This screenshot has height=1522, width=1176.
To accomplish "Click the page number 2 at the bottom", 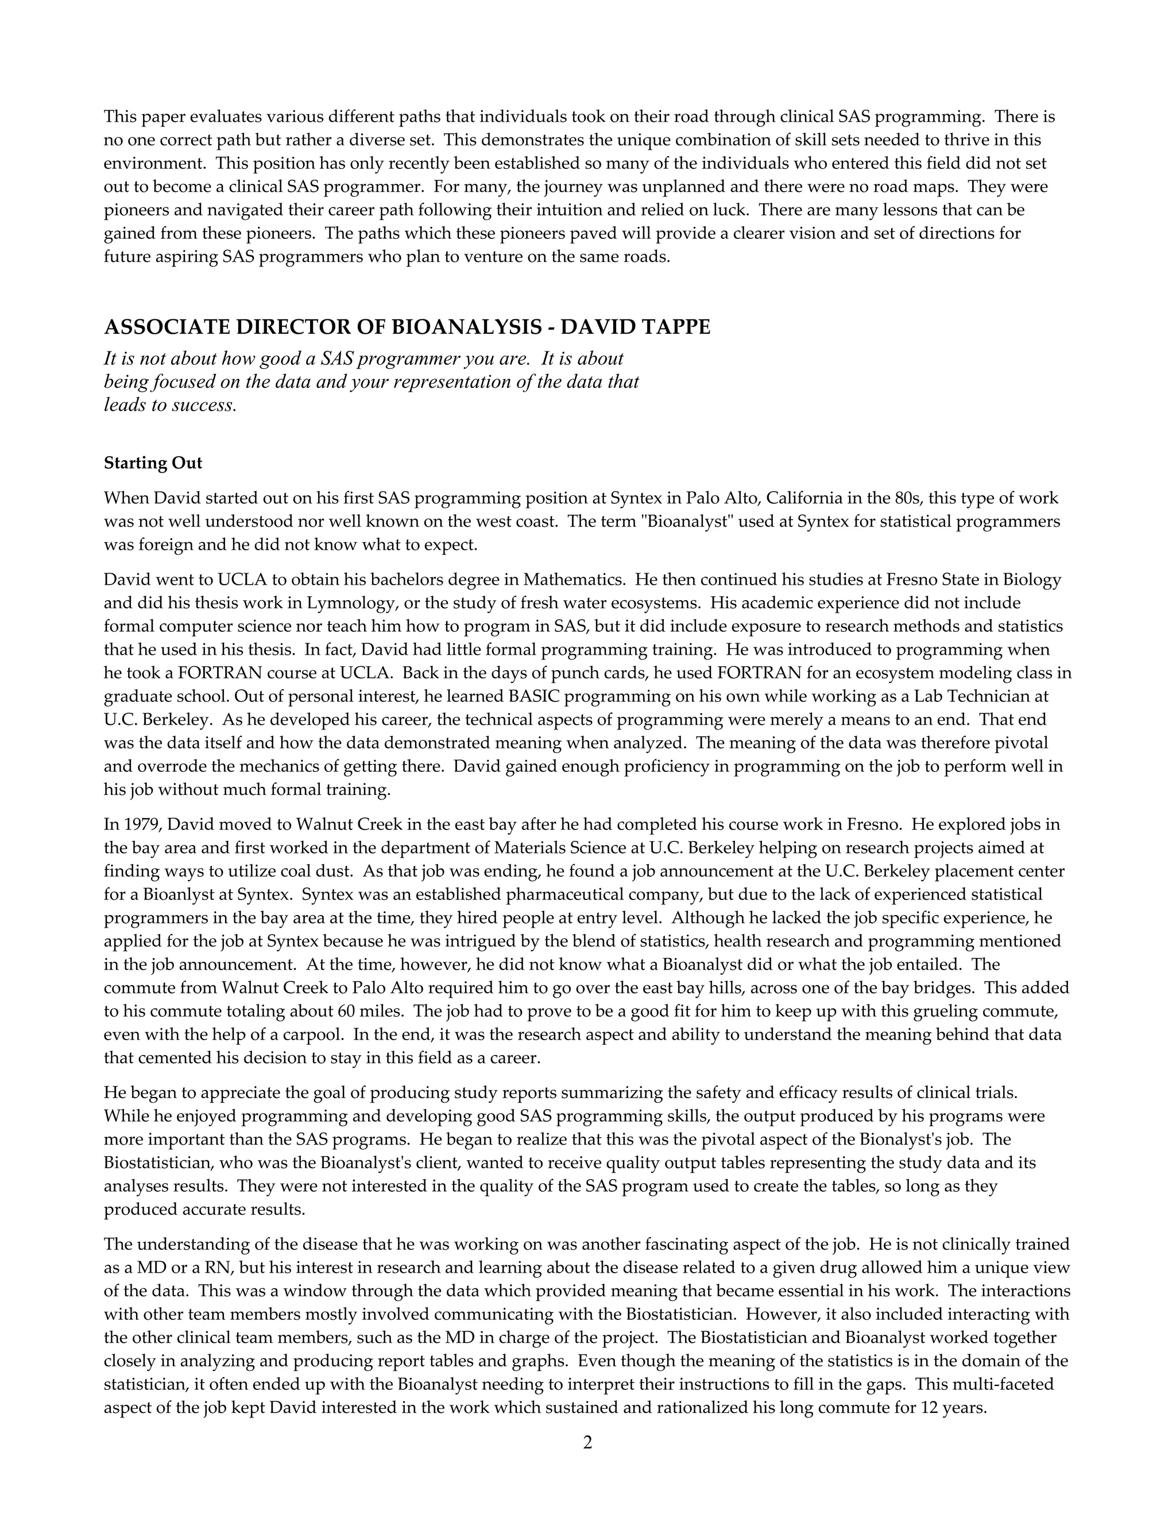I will [587, 1442].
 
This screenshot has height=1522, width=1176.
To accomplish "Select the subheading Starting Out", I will [153, 463].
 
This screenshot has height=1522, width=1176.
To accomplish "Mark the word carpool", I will [311, 1034].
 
